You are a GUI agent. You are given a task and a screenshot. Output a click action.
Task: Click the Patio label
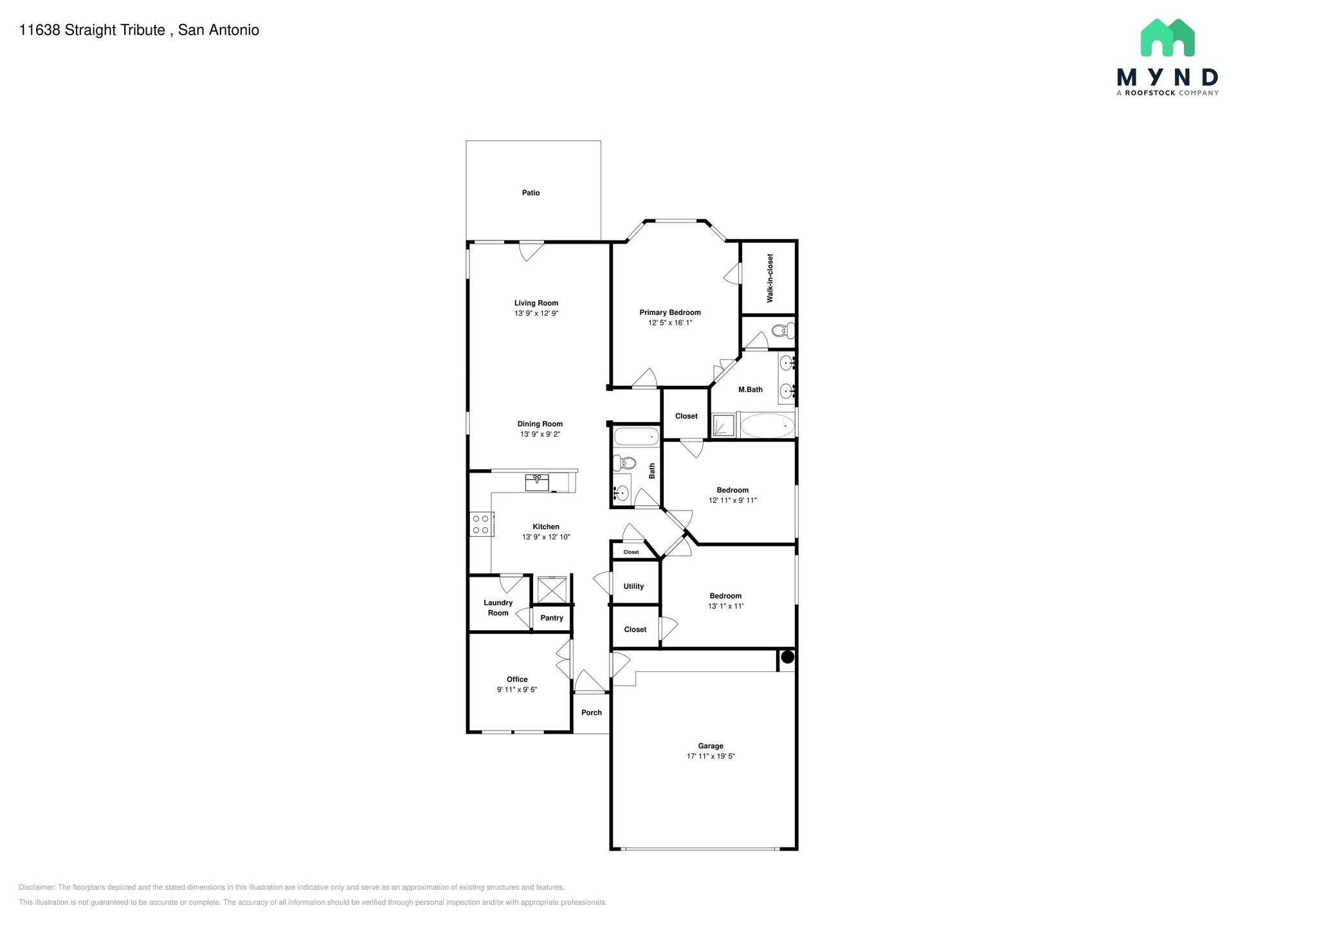[531, 193]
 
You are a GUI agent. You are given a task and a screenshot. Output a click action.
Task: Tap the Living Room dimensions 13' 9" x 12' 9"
[536, 314]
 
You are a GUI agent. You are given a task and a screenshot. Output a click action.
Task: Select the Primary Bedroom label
[670, 312]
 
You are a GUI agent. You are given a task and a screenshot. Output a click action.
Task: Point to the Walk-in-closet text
[770, 278]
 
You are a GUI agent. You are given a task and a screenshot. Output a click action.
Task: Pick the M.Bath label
[750, 390]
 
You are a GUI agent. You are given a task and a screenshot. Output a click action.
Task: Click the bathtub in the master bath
[768, 426]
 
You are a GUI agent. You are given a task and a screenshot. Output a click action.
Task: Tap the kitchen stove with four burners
[481, 524]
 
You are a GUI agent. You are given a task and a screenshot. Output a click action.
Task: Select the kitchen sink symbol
[537, 482]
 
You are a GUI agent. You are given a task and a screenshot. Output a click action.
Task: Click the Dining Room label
[540, 424]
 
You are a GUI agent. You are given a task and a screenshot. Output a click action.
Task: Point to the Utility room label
[633, 586]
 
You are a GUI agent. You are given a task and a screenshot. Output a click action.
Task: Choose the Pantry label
[552, 618]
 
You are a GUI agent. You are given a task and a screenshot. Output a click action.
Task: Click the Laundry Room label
[498, 608]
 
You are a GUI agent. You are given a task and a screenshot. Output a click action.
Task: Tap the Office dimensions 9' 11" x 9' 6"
[517, 690]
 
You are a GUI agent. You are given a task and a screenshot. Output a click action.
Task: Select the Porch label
[592, 712]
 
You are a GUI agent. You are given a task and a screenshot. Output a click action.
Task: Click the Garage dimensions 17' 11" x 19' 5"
[711, 757]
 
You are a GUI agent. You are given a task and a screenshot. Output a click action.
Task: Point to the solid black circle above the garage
[787, 657]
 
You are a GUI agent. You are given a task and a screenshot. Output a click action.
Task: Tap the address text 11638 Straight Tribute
[92, 30]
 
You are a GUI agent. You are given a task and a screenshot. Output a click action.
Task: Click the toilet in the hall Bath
[624, 462]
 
